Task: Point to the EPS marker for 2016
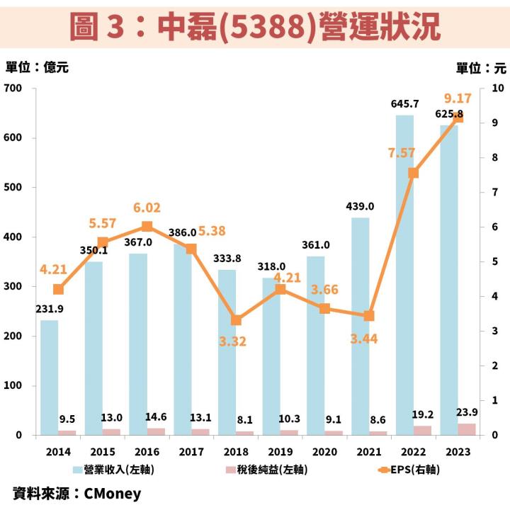tap(147, 227)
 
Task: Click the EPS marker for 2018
tap(236, 320)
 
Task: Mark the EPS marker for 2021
tap(369, 316)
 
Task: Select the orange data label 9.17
tap(458, 98)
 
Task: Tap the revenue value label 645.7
tap(404, 104)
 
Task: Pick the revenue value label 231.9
tap(49, 309)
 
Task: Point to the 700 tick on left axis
tap(14, 88)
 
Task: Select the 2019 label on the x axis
tap(280, 452)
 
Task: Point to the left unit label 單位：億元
tap(37, 68)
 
